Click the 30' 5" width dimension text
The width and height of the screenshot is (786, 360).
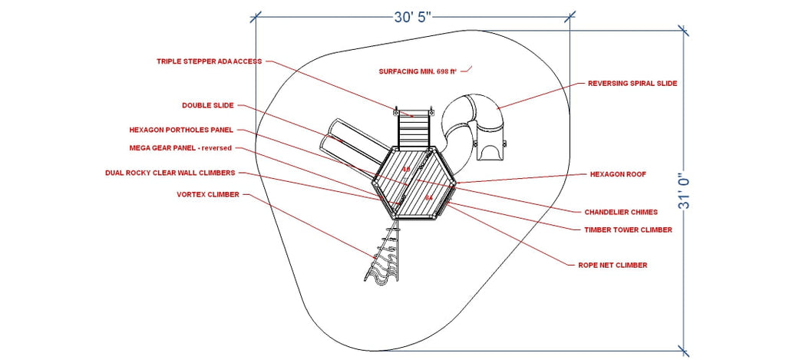click(x=412, y=17)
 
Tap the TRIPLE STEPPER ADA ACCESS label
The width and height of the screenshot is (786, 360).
click(x=209, y=61)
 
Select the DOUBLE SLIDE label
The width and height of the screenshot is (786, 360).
click(x=207, y=105)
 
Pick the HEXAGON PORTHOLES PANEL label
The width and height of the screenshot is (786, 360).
click(x=181, y=130)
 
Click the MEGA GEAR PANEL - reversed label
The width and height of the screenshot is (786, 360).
click(x=180, y=148)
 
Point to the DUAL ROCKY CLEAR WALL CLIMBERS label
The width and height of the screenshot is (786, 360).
click(x=170, y=173)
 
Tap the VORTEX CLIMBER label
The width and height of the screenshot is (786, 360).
click(x=208, y=194)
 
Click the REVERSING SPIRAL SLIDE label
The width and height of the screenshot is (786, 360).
click(x=632, y=83)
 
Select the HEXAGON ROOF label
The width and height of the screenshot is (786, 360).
click(x=618, y=174)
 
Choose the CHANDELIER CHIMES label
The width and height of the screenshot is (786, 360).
click(x=621, y=212)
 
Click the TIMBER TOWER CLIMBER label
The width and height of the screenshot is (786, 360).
click(x=628, y=230)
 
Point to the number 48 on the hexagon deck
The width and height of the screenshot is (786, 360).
click(x=406, y=170)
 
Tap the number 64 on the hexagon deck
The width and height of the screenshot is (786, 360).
click(x=428, y=198)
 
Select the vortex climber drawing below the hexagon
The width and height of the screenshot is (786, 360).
click(x=385, y=256)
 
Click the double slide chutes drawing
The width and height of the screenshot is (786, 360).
click(x=355, y=144)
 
